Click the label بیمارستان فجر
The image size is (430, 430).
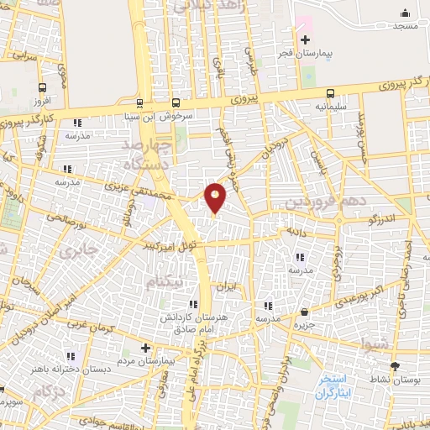point(306,53)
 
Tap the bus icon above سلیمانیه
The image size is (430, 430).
point(330,95)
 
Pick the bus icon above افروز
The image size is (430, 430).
point(42,88)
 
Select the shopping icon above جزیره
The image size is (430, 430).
point(303,312)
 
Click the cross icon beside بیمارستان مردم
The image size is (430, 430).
point(146,347)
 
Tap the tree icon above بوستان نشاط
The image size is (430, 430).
point(395,366)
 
